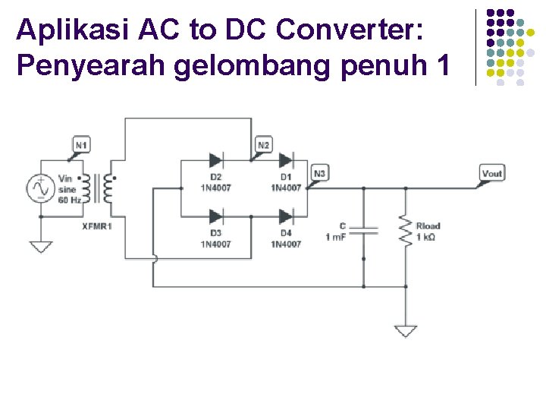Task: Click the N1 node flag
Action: [81, 145]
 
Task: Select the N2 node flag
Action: [263, 145]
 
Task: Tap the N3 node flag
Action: [319, 174]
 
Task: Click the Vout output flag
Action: [491, 174]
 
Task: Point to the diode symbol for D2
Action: [215, 160]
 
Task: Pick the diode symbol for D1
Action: [286, 160]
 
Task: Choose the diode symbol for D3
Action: [215, 216]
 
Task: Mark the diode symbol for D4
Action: [286, 216]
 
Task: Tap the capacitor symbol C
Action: [364, 229]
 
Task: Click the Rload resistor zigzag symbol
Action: [406, 229]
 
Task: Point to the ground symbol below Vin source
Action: [40, 247]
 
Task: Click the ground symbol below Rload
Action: [406, 331]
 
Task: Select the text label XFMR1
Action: [96, 226]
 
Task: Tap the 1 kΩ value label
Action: [427, 238]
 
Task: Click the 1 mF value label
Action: [336, 238]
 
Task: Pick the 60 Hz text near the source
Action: [68, 200]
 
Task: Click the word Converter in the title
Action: [353, 30]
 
